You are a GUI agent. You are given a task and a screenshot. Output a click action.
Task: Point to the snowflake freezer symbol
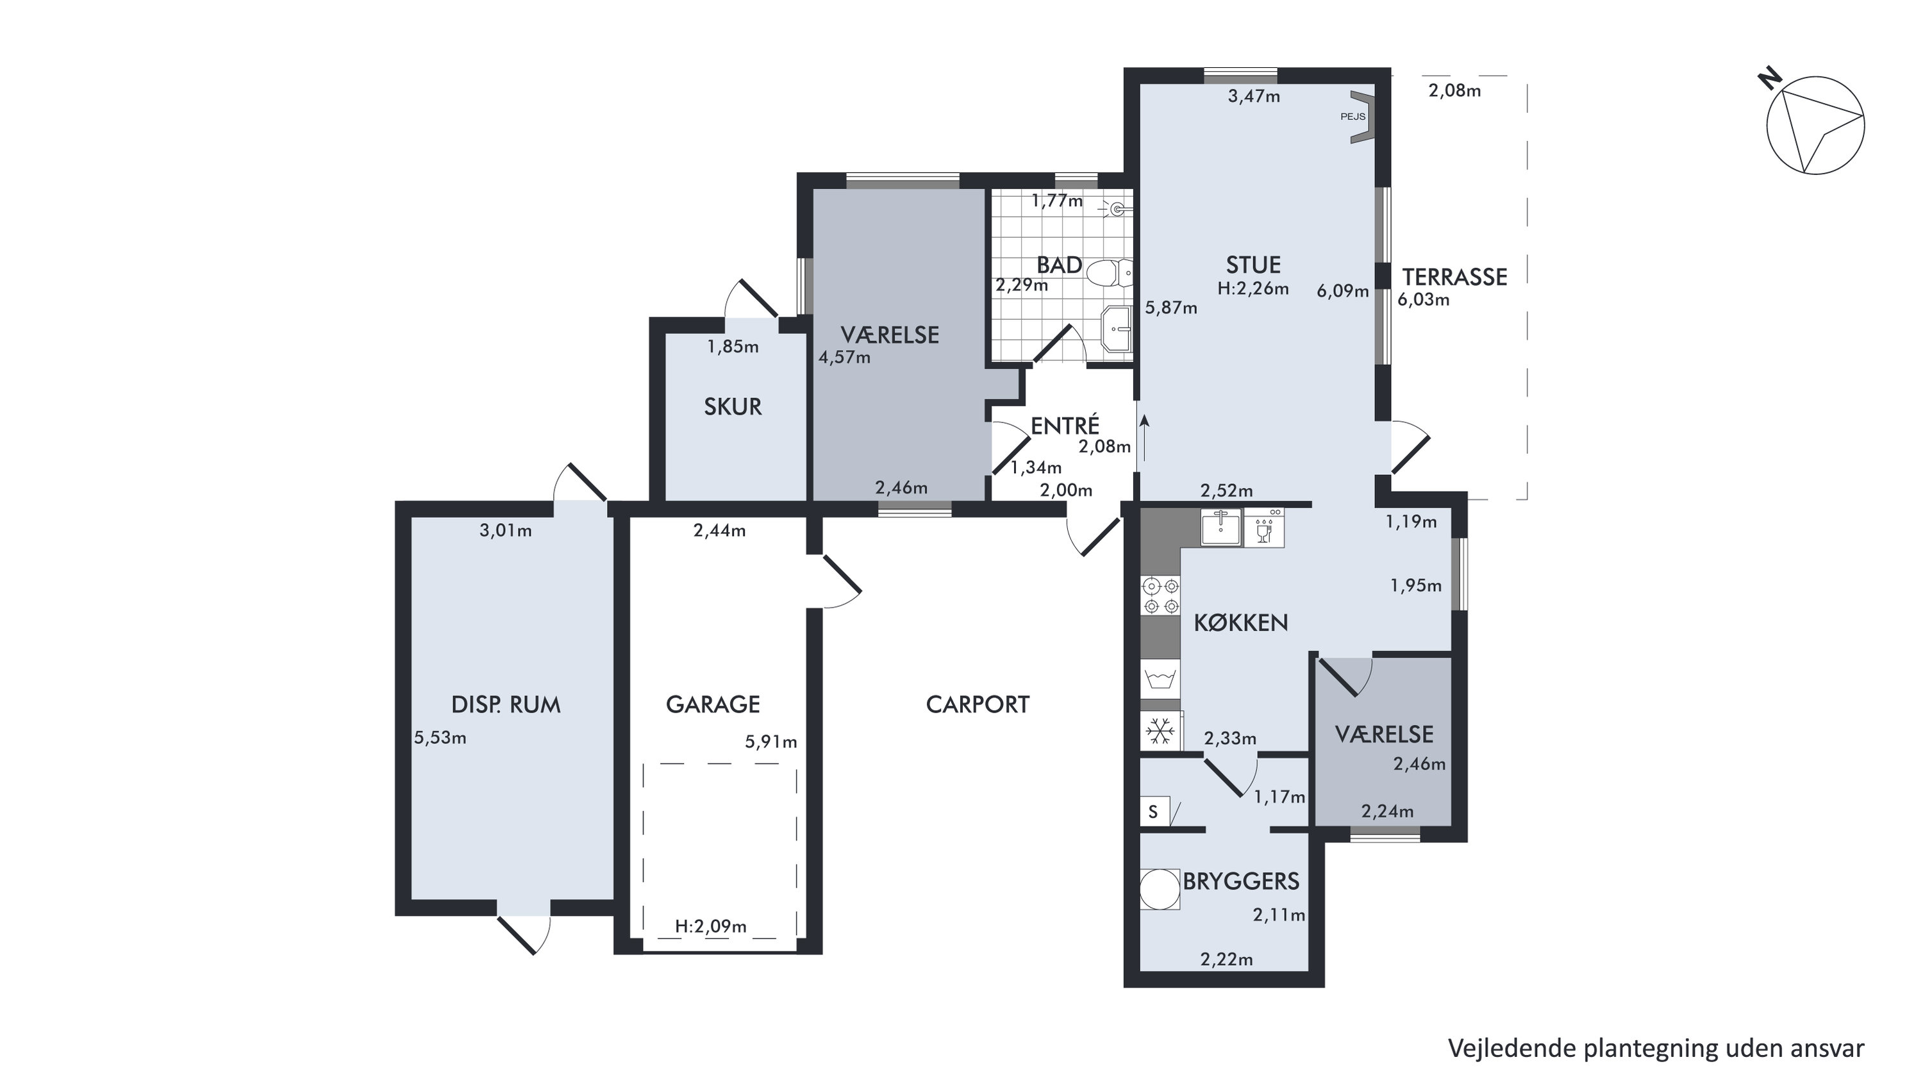[1160, 731]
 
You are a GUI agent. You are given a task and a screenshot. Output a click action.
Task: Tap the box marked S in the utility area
[1153, 811]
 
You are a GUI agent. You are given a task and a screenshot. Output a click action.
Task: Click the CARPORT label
[977, 704]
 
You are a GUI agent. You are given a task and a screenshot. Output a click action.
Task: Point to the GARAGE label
[713, 704]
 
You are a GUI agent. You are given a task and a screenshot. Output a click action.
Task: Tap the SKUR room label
[733, 407]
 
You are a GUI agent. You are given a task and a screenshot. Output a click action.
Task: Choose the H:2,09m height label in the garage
[711, 926]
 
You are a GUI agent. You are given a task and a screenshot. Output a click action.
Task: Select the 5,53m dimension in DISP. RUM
[440, 738]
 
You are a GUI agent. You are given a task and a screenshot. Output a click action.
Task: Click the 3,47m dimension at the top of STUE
[1254, 96]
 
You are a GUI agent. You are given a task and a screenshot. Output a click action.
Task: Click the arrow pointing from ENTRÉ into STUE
[1143, 444]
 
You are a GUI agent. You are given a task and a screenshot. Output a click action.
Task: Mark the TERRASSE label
[1454, 277]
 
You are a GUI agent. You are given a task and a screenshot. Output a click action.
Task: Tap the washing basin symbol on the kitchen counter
[1160, 679]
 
